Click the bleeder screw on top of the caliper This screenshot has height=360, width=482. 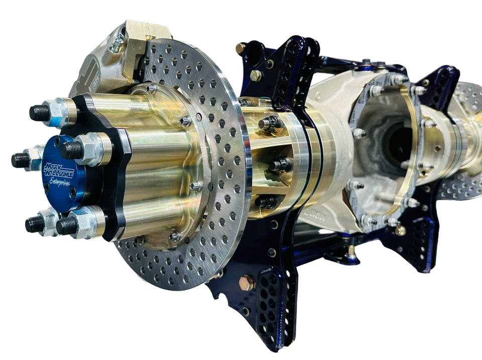pyautogui.click(x=118, y=46)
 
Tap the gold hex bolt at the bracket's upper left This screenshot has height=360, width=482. pyautogui.click(x=256, y=76)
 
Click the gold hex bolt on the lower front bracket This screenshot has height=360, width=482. pyautogui.click(x=247, y=283)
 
